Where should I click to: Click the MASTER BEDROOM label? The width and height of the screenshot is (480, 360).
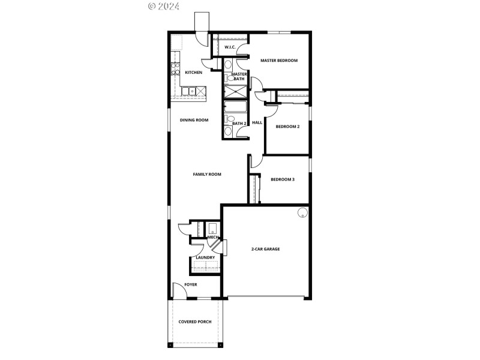pyautogui.click(x=279, y=61)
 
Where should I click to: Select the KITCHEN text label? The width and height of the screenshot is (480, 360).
pyautogui.click(x=193, y=73)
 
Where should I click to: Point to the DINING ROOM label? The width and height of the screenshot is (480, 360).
pyautogui.click(x=194, y=120)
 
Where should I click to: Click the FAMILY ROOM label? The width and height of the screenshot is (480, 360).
pyautogui.click(x=207, y=175)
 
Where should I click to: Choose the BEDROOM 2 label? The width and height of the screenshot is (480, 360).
pyautogui.click(x=287, y=127)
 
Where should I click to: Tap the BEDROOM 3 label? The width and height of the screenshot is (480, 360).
pyautogui.click(x=282, y=179)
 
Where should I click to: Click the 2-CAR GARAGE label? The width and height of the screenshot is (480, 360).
pyautogui.click(x=265, y=249)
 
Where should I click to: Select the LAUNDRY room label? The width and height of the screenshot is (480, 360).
pyautogui.click(x=205, y=258)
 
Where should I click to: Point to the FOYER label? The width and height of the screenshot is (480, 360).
pyautogui.click(x=191, y=284)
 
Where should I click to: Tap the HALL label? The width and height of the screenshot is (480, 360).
pyautogui.click(x=257, y=122)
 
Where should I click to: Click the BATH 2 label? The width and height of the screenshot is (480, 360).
pyautogui.click(x=239, y=123)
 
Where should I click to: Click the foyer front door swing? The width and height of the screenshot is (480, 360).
pyautogui.click(x=178, y=290)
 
